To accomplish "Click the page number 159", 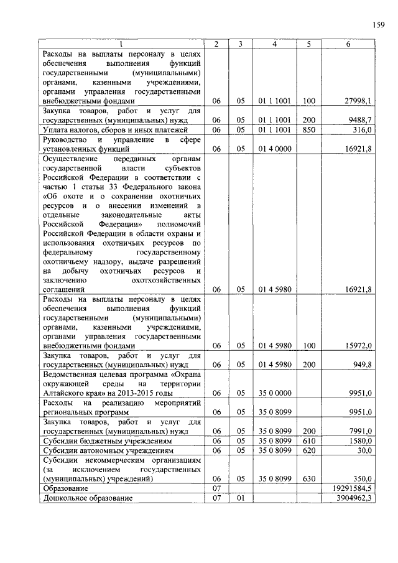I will tap(379, 26).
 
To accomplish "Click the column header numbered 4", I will tap(275, 44).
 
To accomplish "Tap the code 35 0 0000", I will tap(275, 393).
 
